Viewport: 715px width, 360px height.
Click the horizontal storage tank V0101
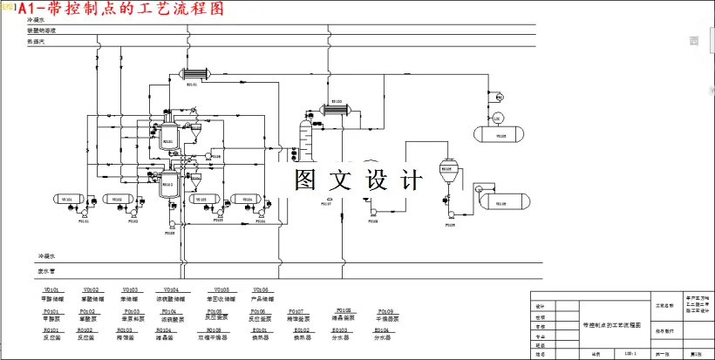(x=66, y=200)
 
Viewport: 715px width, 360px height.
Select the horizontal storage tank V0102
(x=116, y=200)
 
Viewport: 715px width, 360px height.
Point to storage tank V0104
(x=248, y=200)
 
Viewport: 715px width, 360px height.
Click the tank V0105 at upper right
(x=500, y=133)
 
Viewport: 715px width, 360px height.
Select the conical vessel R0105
(x=449, y=171)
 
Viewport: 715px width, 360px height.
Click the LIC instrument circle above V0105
(x=497, y=118)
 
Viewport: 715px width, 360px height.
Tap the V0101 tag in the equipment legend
(x=51, y=289)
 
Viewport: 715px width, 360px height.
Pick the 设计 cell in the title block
(x=541, y=306)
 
